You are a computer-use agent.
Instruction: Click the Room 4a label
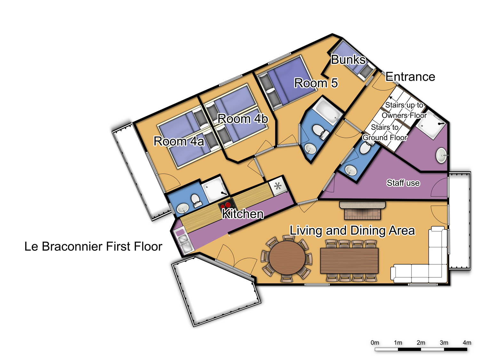point(179,141)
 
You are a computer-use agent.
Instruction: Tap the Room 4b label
point(243,119)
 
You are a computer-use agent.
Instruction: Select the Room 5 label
point(316,83)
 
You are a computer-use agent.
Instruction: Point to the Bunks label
point(348,60)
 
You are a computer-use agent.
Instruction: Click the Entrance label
point(410,77)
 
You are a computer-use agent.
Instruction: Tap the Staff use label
point(403,183)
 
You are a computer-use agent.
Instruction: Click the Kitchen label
point(243,214)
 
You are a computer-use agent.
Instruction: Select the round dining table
point(287,258)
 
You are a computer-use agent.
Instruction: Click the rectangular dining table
point(349,260)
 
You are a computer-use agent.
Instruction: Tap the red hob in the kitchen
point(227,205)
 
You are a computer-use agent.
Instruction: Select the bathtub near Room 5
point(327,111)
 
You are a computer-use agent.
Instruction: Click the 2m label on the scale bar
point(421,342)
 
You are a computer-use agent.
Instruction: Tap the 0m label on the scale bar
point(375,342)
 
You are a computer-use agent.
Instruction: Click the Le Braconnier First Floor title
point(93,246)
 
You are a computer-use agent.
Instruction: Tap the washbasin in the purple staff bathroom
point(442,155)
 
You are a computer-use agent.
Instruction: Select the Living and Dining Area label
point(352,231)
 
